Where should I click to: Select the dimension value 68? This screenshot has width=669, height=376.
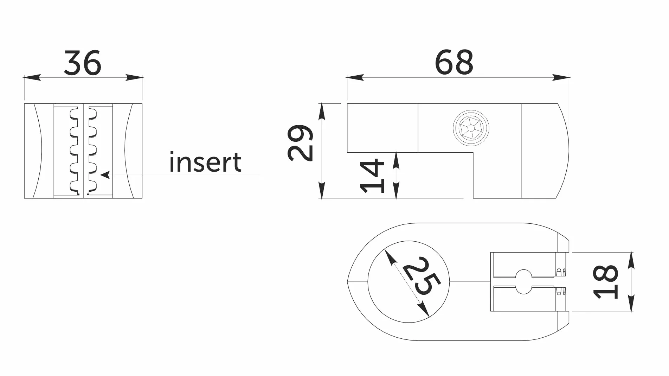tap(454, 62)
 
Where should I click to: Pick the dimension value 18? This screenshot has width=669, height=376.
tap(606, 281)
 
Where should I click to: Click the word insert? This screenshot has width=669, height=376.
tap(205, 162)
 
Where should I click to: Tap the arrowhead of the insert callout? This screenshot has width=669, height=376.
tap(105, 174)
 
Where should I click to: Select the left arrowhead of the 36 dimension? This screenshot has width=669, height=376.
tap(32, 77)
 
